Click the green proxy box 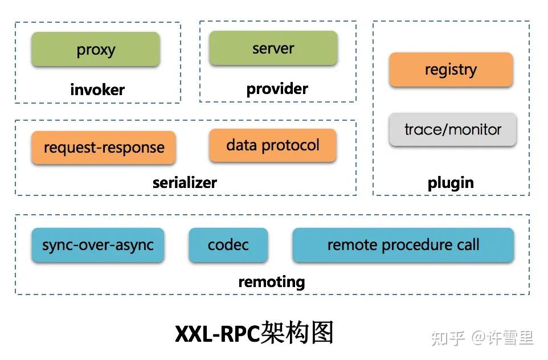coord(96,50)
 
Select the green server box coord(273,48)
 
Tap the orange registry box coord(451,69)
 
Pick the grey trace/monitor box coord(453,129)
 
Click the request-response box coord(104,148)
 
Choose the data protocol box coord(273,145)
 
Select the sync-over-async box coord(98,246)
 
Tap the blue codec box coord(228,246)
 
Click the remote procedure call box coord(403,246)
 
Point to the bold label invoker coord(97,89)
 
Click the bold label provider coord(277,89)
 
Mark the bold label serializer coord(185,183)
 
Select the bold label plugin coord(451,183)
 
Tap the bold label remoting coord(272,281)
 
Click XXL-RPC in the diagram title coord(217,334)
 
